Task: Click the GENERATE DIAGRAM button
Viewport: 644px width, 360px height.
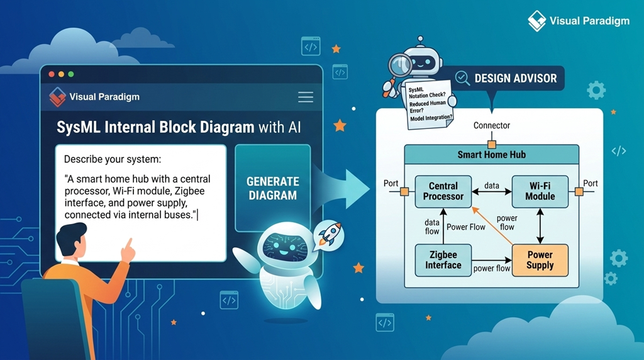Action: click(x=272, y=188)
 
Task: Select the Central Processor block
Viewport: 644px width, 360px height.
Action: click(x=443, y=191)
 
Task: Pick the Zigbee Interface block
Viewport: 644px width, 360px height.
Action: click(x=443, y=260)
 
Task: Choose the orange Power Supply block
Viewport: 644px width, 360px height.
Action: click(x=540, y=260)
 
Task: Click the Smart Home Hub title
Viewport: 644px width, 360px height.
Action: click(x=491, y=154)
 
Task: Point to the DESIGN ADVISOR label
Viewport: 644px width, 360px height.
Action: click(x=515, y=79)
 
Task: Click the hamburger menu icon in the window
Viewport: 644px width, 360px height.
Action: click(x=306, y=97)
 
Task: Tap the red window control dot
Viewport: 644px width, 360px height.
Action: click(x=52, y=74)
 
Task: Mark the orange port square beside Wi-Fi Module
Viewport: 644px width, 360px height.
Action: click(x=578, y=191)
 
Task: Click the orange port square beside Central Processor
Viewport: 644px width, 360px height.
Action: click(x=405, y=191)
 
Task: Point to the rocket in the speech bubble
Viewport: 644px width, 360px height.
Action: click(x=329, y=233)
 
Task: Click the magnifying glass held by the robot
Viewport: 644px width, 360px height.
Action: click(x=398, y=65)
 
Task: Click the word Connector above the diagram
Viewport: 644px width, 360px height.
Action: click(x=491, y=126)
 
